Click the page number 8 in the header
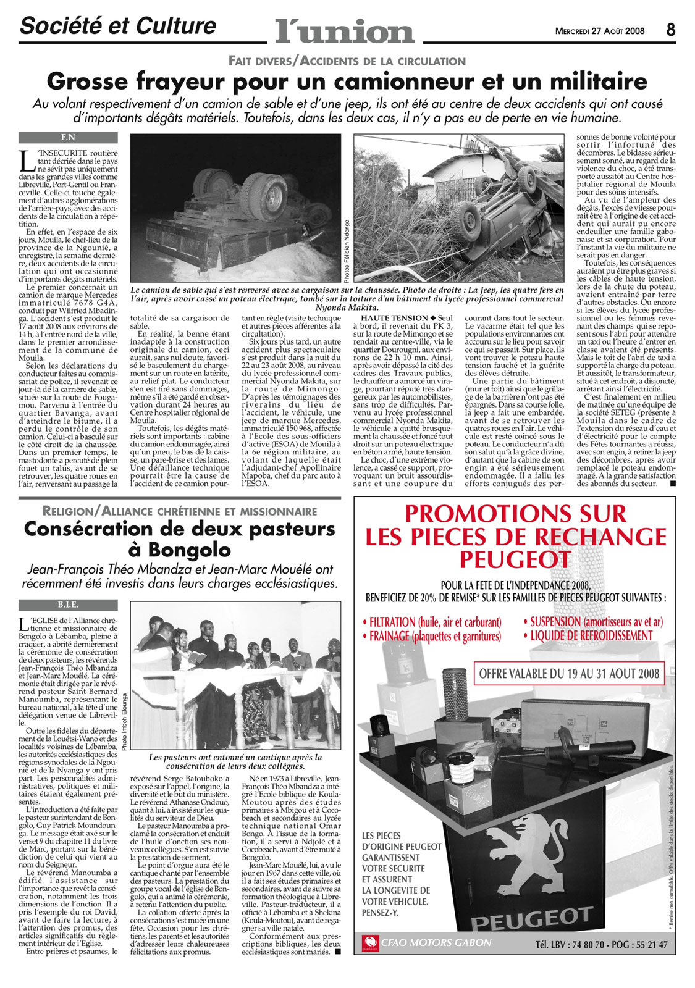(671, 30)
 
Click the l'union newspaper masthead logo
(345, 30)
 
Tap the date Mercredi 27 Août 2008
(600, 31)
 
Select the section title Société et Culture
(118, 26)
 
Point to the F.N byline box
(68, 137)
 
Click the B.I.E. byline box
(68, 605)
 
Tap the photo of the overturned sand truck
(235, 208)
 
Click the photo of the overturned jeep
(458, 208)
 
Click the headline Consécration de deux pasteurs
(179, 529)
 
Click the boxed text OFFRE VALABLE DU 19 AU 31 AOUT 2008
(569, 674)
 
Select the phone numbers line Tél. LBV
(601, 944)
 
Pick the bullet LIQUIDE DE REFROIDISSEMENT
(588, 635)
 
